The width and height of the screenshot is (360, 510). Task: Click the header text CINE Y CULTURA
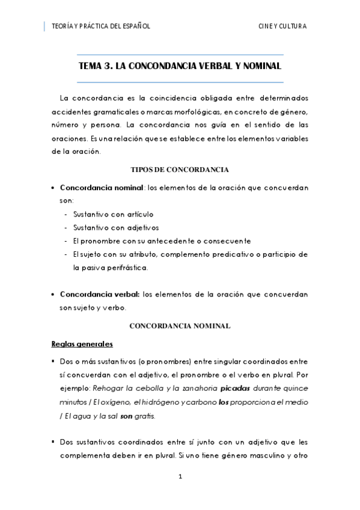282,26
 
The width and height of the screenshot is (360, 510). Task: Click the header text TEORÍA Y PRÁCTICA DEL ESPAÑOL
101,26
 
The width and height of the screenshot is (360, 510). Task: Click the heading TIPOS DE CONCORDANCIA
180,170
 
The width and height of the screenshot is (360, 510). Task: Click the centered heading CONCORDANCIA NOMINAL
180,325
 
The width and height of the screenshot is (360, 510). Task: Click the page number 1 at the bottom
180,477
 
